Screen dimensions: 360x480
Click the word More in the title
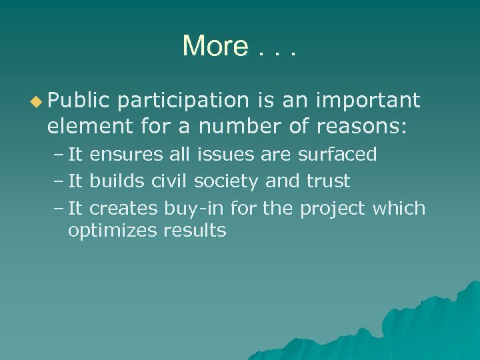[x=215, y=46]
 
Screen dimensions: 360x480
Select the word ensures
[x=126, y=155]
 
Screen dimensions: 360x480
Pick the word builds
[x=118, y=181]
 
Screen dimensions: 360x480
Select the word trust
[x=328, y=181]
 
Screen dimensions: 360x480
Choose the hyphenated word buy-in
[x=195, y=208]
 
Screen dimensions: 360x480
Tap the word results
[x=196, y=231]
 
